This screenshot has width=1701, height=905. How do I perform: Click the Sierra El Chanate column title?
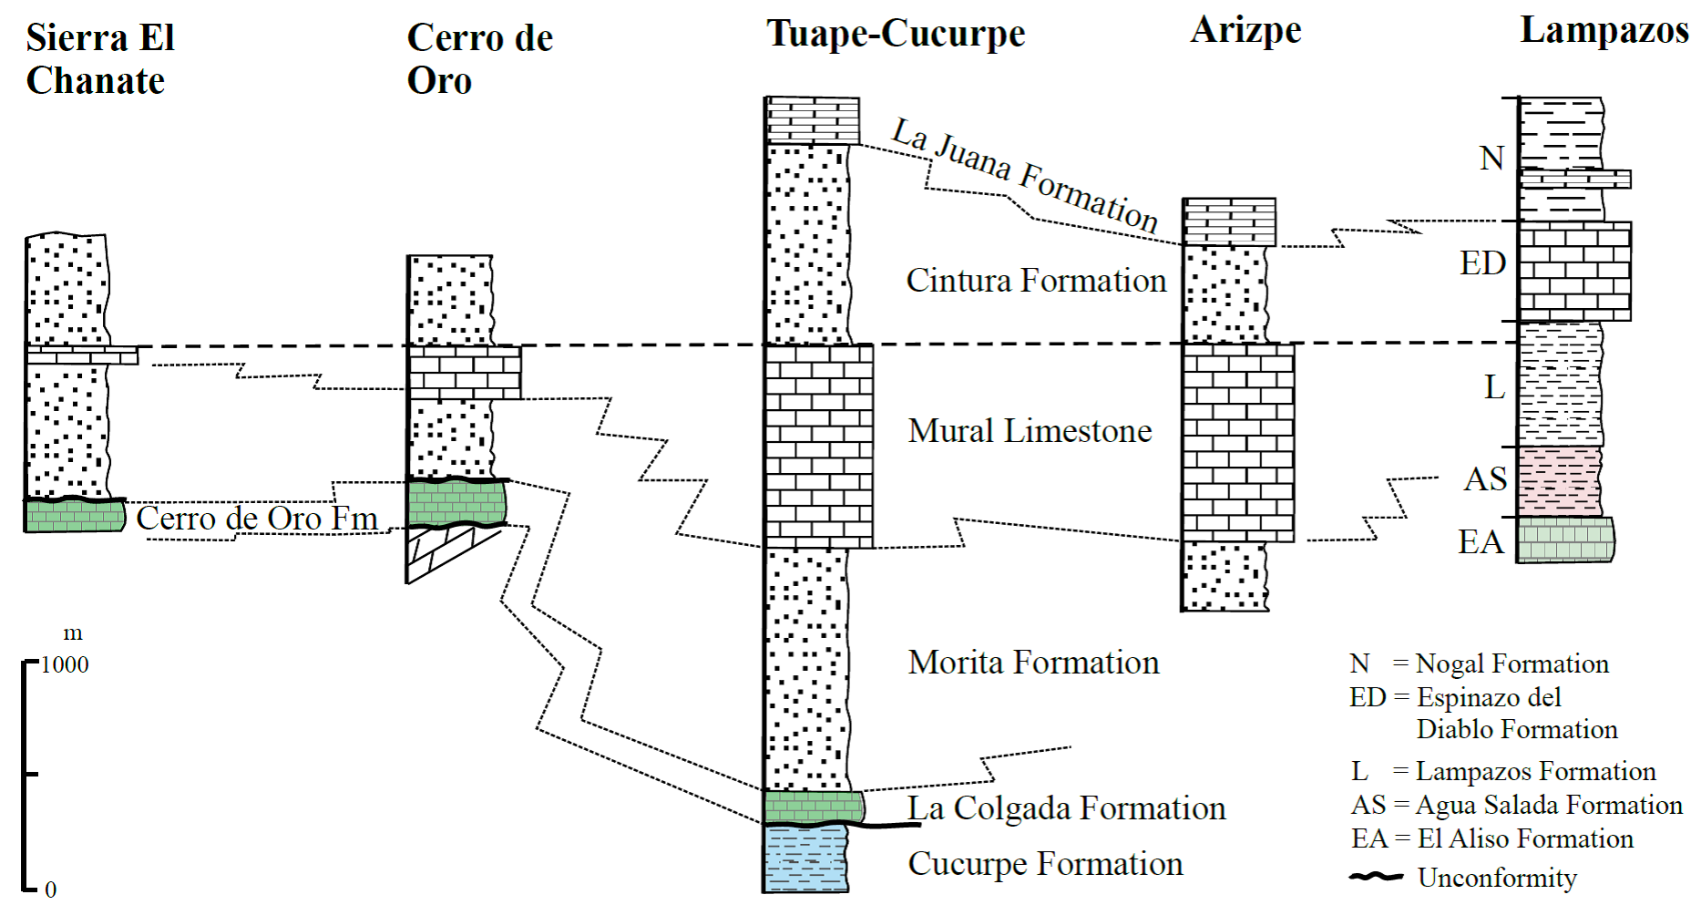tap(99, 59)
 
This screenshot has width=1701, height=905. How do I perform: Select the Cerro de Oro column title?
tap(479, 59)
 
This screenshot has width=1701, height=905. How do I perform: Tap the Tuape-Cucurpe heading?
tap(896, 34)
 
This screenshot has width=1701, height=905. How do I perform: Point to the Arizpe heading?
tap(1245, 30)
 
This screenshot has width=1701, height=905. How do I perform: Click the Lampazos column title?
tap(1604, 30)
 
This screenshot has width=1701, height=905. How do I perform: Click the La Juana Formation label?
tap(1025, 175)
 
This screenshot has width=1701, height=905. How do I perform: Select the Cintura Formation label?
tap(1036, 281)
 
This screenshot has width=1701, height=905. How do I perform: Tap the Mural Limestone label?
tap(1030, 431)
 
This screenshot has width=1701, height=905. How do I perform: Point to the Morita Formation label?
tap(1033, 663)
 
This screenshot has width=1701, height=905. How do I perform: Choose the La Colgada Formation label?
tap(1066, 808)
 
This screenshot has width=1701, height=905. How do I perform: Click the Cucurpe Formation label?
tap(1045, 864)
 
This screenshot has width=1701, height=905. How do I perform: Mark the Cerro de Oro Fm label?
tap(257, 519)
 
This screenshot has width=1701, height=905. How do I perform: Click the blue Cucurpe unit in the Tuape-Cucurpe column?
tap(806, 858)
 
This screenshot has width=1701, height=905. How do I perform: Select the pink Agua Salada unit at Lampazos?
tap(1559, 481)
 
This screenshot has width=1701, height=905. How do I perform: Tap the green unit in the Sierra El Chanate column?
tap(74, 516)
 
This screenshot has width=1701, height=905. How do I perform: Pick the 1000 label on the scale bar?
tap(65, 665)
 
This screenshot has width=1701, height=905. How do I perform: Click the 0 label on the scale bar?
tap(51, 890)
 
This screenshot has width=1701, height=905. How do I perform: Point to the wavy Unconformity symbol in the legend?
tap(1376, 877)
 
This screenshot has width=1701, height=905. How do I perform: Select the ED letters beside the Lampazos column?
tap(1482, 263)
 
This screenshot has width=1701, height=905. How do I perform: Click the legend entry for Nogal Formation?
tap(1480, 663)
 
